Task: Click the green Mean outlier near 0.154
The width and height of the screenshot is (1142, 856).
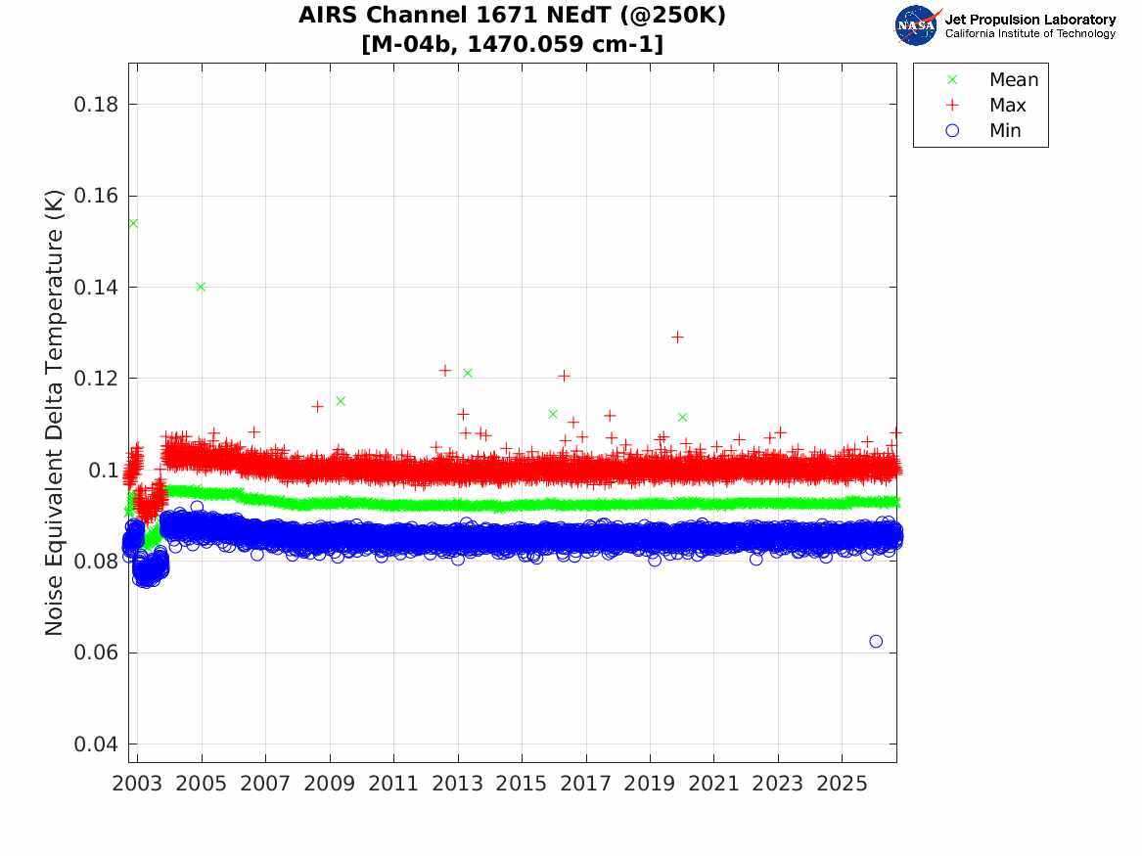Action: [133, 223]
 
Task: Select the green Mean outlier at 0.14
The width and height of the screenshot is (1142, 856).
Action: [201, 287]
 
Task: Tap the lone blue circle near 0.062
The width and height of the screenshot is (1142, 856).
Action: [876, 642]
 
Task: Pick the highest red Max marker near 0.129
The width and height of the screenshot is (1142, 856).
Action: [677, 337]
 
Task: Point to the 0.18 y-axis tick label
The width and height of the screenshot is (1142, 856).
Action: [95, 105]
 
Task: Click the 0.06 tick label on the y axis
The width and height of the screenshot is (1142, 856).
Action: [95, 653]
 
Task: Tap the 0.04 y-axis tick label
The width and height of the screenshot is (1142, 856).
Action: [95, 743]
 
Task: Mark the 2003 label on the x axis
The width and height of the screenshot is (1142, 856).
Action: [137, 784]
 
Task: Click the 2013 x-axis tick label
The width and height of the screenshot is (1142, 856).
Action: [457, 784]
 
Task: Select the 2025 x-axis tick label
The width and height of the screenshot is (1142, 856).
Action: [842, 784]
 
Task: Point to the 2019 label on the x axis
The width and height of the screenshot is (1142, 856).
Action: [650, 784]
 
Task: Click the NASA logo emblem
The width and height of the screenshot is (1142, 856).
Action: [917, 25]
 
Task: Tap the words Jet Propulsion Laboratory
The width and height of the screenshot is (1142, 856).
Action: [1030, 20]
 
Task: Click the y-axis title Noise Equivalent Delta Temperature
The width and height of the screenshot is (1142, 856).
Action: [54, 413]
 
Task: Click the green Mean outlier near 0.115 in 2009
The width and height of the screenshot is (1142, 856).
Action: [341, 401]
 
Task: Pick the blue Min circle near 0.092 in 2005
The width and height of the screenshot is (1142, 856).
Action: [197, 507]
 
